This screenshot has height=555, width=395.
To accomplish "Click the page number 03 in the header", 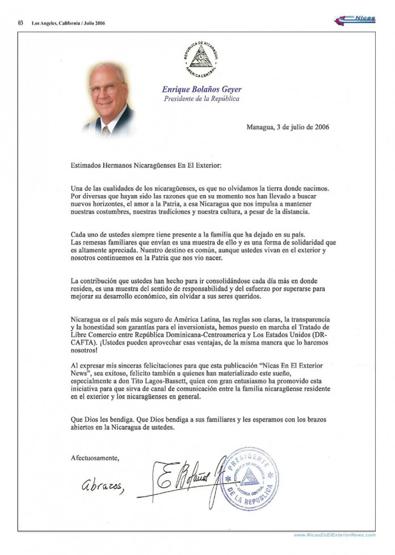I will tap(20, 23).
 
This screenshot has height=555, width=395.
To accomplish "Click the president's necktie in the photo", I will tap(106, 130).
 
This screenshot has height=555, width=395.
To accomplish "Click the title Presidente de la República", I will tap(201, 99).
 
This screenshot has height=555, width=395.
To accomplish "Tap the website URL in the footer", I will tap(334, 535).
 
